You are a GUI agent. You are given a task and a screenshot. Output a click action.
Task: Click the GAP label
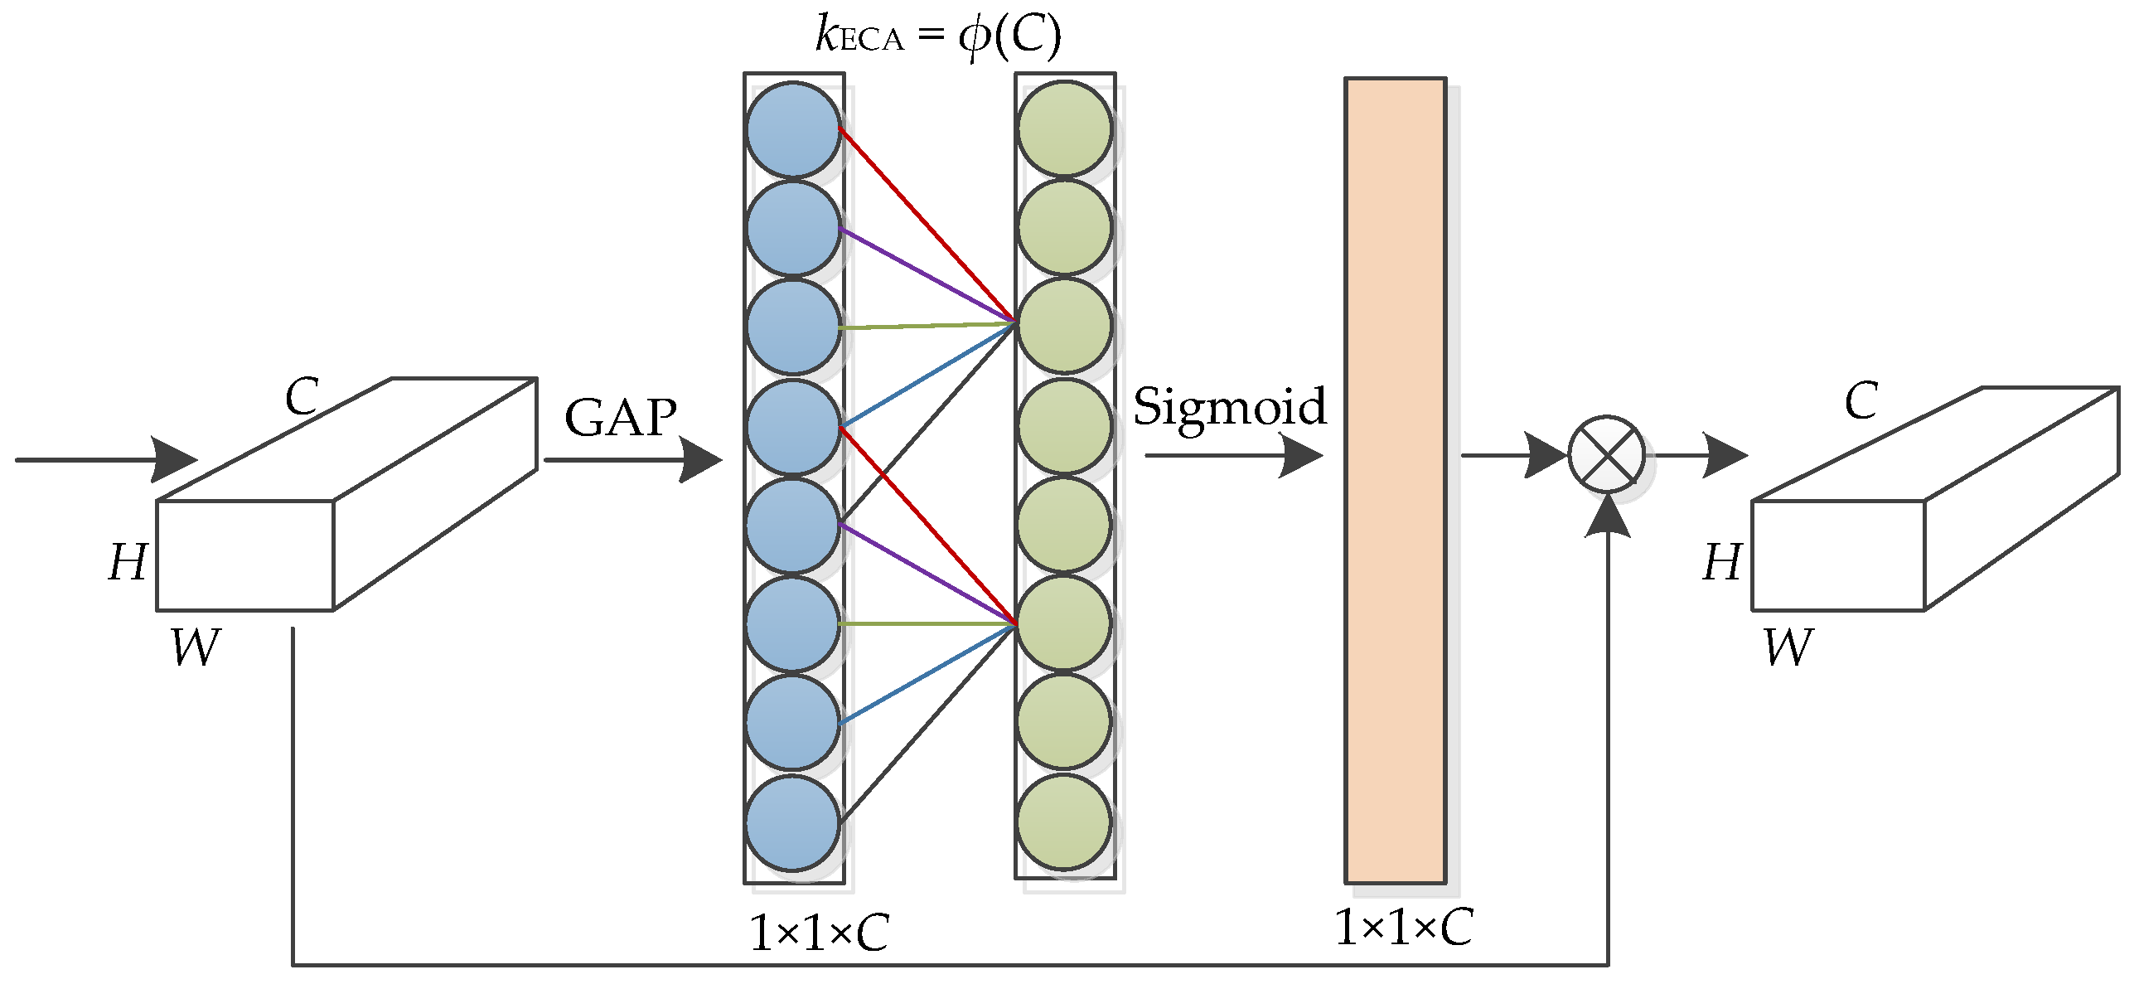(620, 417)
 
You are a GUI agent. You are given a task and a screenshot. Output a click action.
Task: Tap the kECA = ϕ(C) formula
(938, 36)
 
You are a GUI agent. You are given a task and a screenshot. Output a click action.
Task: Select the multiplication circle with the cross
(1606, 454)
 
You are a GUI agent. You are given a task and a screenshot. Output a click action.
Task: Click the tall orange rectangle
(1395, 481)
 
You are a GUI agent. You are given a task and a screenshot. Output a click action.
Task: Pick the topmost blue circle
(793, 130)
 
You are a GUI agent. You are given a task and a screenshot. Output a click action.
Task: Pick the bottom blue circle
(792, 822)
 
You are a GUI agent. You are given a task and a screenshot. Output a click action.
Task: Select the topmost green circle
(1064, 128)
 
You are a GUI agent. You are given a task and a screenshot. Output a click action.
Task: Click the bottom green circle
(1063, 822)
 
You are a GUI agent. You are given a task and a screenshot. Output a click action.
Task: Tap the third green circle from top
(1064, 326)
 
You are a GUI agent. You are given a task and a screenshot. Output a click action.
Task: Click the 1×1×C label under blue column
(818, 933)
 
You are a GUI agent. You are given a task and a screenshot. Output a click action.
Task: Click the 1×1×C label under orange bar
(1403, 927)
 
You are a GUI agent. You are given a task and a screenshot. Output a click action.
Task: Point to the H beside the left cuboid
(128, 562)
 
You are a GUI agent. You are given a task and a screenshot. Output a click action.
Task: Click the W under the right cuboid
(1788, 647)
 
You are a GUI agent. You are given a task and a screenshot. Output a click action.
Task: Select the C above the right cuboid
(1861, 401)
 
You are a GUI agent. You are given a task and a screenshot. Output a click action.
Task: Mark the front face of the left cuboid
(244, 555)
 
